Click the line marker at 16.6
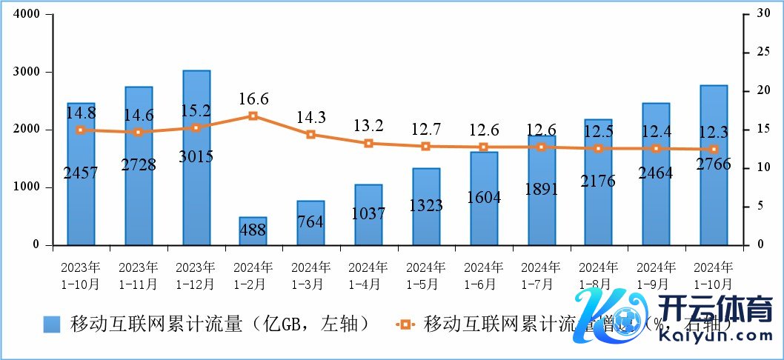[x=253, y=116]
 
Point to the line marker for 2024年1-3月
[x=310, y=134]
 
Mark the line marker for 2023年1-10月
[x=81, y=130]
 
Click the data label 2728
[x=139, y=164]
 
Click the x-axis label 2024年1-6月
[x=484, y=275]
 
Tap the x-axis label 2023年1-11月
[x=139, y=275]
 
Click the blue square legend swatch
[x=52, y=324]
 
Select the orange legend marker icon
[x=405, y=324]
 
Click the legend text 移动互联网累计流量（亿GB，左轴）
[x=219, y=324]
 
